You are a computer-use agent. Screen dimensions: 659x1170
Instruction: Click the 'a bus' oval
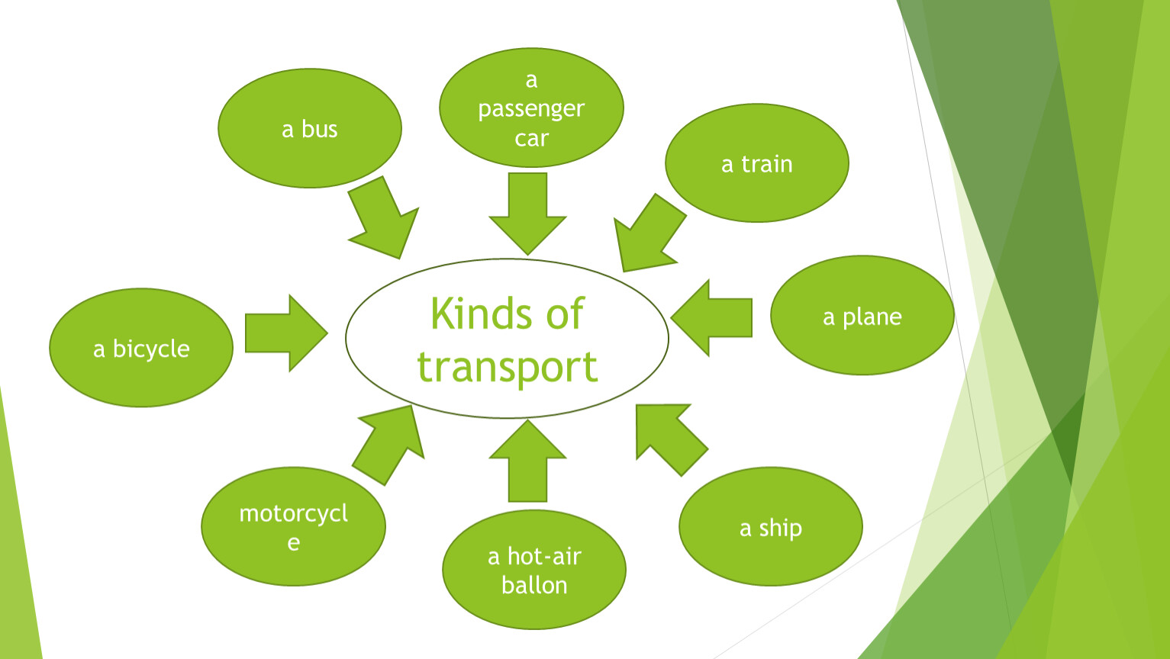(309, 128)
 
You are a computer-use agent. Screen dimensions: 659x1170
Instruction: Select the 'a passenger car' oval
(531, 108)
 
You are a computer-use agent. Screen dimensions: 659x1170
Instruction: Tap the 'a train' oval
(756, 163)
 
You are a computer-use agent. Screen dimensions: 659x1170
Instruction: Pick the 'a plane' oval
(862, 315)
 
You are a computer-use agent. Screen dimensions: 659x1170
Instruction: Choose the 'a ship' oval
(770, 526)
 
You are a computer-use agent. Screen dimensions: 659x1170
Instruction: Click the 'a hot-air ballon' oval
(533, 570)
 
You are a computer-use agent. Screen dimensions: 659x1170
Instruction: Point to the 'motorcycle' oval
(293, 526)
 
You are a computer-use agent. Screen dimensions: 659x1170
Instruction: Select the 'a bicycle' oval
(141, 348)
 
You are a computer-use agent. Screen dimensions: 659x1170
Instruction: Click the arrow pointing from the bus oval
(383, 220)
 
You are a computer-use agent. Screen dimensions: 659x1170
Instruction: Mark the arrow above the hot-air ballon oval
(527, 461)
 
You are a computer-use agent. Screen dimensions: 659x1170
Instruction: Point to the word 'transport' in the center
(508, 367)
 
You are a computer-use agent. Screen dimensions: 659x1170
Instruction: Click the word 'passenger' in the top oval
(531, 109)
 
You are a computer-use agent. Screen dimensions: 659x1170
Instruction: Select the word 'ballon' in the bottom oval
(534, 585)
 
